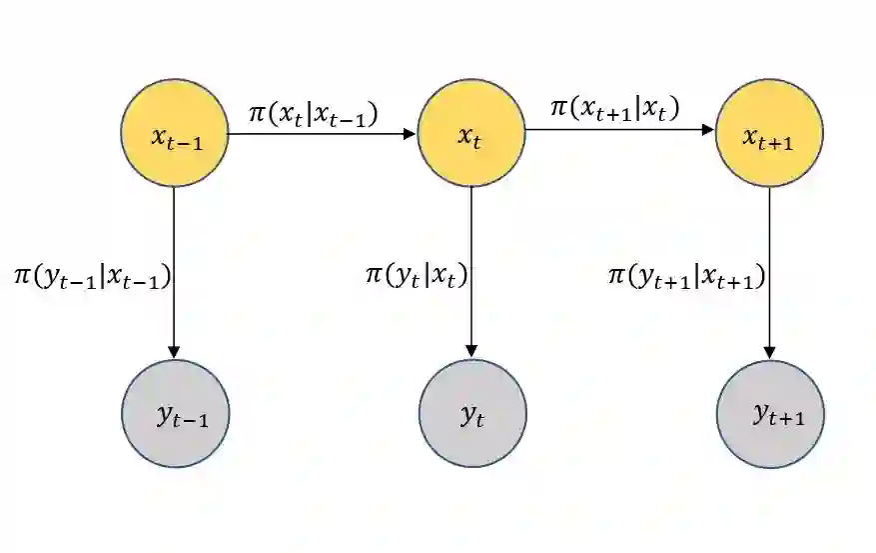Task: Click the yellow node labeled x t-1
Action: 175,133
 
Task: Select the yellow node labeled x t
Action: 471,133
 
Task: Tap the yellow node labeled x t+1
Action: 769,133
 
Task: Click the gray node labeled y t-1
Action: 175,413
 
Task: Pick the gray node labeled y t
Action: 471,413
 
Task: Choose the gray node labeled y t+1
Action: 769,413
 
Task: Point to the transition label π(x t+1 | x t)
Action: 613,108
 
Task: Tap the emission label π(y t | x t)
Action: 417,273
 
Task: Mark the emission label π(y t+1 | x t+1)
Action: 687,275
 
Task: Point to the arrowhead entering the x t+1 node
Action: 709,130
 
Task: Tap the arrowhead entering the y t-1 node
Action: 175,351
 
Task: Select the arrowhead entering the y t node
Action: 471,351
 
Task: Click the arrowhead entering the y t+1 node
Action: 769,351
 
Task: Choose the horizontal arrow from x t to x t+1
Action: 619,130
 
